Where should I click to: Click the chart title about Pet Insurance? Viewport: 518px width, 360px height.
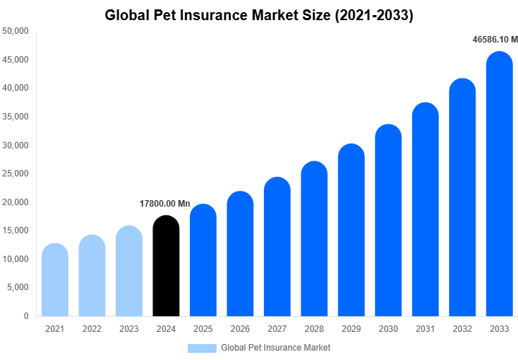coord(259,14)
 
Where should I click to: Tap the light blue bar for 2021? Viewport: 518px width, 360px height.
coord(55,281)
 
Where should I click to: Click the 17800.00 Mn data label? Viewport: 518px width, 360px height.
coord(165,204)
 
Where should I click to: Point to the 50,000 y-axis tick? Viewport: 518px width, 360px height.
coord(15,31)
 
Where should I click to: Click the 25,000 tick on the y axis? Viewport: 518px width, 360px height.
coord(15,174)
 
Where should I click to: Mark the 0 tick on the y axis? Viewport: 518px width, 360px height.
coord(26,316)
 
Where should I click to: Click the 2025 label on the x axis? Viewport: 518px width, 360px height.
coord(203,329)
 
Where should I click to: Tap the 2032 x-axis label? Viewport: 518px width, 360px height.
coord(462,329)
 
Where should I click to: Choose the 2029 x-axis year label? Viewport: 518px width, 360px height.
coord(351,329)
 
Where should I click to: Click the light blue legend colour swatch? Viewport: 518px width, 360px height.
coord(202,348)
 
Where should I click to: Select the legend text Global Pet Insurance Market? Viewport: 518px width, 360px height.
coord(276,348)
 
